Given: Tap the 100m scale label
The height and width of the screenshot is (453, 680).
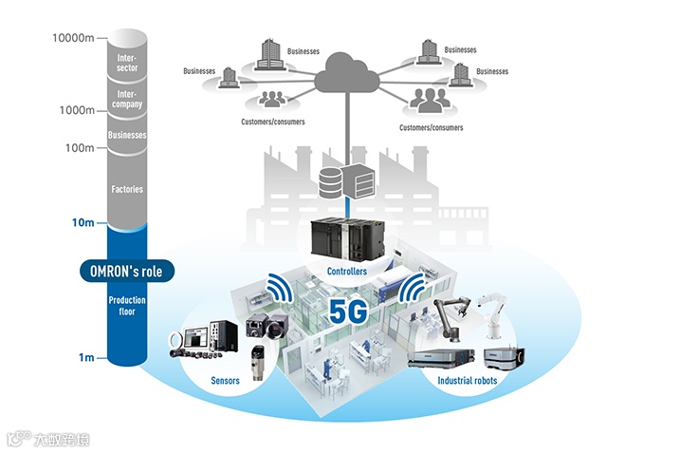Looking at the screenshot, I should [78, 148].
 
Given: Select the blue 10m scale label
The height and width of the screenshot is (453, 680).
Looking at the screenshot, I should [82, 223].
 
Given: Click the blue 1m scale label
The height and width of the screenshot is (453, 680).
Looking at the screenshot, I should [85, 358].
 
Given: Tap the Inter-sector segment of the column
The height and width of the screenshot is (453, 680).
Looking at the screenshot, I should [127, 63].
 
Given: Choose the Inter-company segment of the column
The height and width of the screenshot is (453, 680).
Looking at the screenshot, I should [127, 99].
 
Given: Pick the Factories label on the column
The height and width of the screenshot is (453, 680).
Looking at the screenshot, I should [127, 189].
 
